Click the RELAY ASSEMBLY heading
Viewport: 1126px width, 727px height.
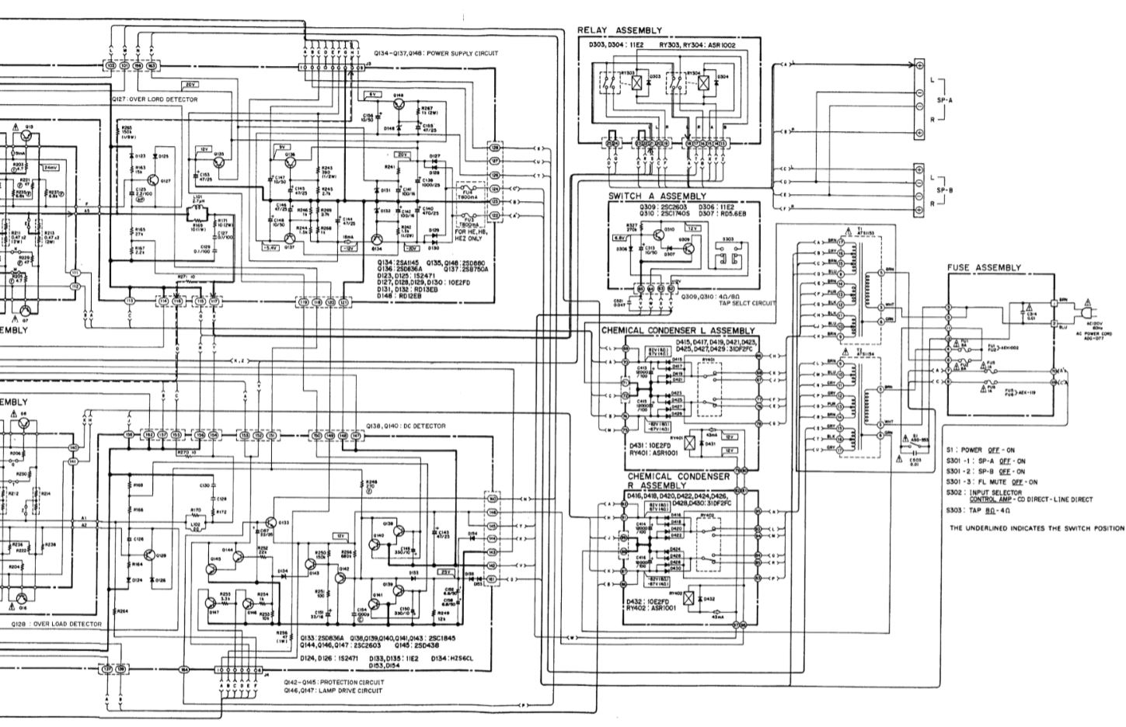(x=619, y=30)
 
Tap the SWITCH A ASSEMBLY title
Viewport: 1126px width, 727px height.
(x=657, y=197)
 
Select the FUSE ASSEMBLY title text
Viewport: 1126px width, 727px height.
(x=984, y=267)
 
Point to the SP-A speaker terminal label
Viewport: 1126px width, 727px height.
(x=945, y=100)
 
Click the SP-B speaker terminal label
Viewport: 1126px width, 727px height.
(x=945, y=190)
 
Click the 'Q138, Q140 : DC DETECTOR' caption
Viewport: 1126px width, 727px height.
(x=406, y=426)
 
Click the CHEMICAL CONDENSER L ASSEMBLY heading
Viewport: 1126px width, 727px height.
(x=678, y=330)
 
